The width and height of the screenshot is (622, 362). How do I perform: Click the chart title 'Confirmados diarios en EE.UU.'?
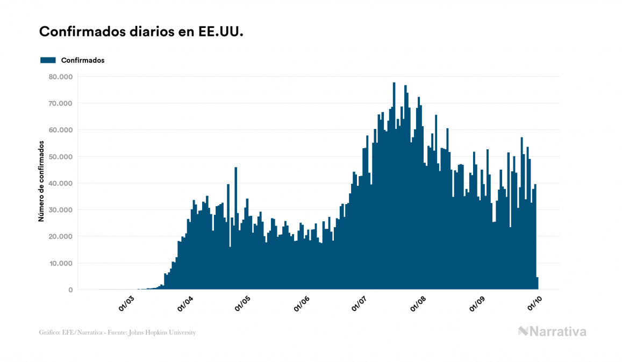tap(141, 32)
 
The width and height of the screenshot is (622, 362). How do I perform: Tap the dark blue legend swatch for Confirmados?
tap(48, 60)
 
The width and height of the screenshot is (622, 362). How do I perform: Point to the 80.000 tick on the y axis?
tap(61, 77)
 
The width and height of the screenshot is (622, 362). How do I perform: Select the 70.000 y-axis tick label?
tap(61, 103)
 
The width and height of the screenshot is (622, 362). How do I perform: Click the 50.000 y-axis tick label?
tap(61, 156)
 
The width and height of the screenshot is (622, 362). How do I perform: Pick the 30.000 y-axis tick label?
tap(61, 209)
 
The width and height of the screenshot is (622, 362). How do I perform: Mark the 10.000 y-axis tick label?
tap(61, 263)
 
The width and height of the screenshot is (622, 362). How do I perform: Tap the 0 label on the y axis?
tap(70, 290)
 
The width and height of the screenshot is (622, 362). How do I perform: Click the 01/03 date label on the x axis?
tap(127, 304)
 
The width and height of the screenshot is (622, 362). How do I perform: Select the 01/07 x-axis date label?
tap(360, 304)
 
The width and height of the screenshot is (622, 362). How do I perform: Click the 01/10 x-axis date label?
tap(535, 304)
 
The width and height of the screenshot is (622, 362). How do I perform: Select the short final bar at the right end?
tap(537, 284)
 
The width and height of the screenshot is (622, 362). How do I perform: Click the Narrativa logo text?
tap(557, 331)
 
